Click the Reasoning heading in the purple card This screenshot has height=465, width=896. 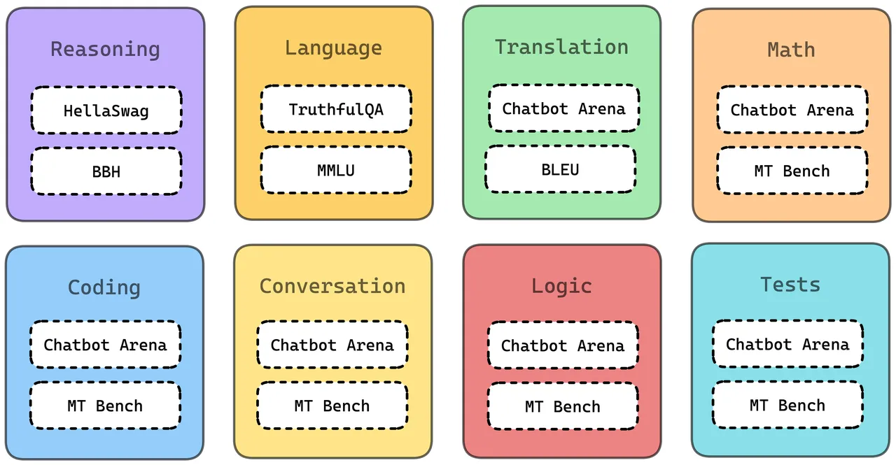pos(105,50)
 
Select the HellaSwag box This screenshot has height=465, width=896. pos(106,110)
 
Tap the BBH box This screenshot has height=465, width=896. pos(106,171)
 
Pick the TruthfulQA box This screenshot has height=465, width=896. pos(336,109)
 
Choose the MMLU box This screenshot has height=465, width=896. pos(336,170)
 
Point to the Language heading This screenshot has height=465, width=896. pos(333,49)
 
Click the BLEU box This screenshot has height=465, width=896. pos(561,169)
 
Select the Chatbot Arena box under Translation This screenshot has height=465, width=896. pos(564,108)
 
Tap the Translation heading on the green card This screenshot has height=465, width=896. pos(561,47)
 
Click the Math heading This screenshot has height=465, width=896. pos(791,50)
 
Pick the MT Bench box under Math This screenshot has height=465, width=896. pos(792,171)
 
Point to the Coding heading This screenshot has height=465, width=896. pos(104,287)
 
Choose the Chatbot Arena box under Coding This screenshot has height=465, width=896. pos(105,344)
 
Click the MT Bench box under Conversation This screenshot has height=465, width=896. pos(332,406)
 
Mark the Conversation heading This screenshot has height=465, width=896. pos(332,286)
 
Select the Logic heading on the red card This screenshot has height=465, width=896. pos(561,287)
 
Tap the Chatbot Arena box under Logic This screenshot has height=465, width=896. pos(563,345)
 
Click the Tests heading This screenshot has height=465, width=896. pos(790,285)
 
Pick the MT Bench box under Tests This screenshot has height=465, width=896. pos(787,405)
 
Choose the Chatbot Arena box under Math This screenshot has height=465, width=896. pos(792,110)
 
